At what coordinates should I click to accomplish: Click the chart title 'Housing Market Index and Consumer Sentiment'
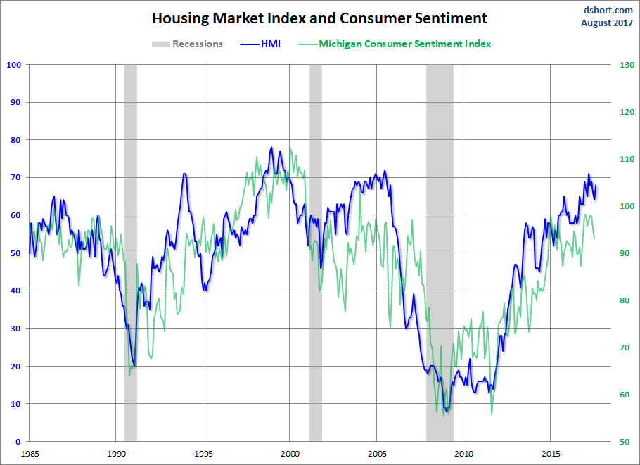pyautogui.click(x=320, y=18)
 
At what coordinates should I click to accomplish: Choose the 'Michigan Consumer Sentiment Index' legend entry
pyautogui.click(x=404, y=44)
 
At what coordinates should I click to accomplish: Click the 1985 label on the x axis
pyautogui.click(x=29, y=454)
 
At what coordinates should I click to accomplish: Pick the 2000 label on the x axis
pyautogui.click(x=290, y=454)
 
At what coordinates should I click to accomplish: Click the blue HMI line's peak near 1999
pyautogui.click(x=271, y=148)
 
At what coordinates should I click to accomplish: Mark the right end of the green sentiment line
pyautogui.click(x=594, y=238)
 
